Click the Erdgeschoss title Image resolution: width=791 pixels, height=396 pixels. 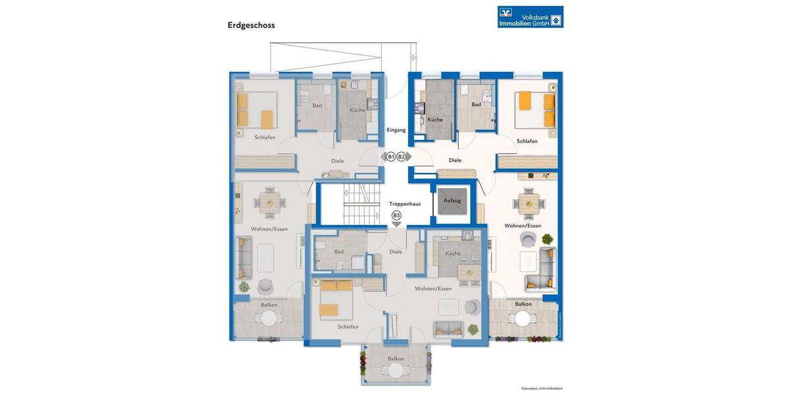click(x=251, y=25)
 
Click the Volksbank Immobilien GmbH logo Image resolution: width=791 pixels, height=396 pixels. click(x=530, y=16)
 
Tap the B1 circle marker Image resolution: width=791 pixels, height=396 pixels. click(x=390, y=156)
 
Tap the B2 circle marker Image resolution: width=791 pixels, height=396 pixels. click(x=401, y=156)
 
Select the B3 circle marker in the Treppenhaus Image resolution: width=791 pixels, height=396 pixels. click(x=396, y=215)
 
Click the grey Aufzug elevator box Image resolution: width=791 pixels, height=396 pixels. click(x=452, y=201)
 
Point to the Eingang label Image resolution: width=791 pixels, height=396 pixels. click(x=396, y=130)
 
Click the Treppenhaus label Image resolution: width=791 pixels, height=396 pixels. click(x=405, y=204)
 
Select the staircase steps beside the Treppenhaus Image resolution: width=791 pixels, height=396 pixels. click(x=362, y=204)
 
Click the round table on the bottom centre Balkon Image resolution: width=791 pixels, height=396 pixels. click(x=395, y=371)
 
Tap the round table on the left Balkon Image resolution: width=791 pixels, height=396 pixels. click(x=269, y=318)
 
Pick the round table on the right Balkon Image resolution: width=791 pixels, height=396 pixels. click(x=523, y=319)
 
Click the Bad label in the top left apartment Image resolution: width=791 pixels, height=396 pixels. click(x=317, y=106)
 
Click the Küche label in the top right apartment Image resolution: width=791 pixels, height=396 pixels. click(x=434, y=119)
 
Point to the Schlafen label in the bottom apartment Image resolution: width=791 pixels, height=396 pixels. click(x=347, y=327)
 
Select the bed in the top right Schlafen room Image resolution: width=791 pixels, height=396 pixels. click(x=535, y=110)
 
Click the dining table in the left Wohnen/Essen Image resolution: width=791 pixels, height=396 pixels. click(x=268, y=204)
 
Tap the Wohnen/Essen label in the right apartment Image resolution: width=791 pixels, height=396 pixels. click(x=523, y=226)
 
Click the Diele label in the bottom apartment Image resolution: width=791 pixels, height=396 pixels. click(x=395, y=251)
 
